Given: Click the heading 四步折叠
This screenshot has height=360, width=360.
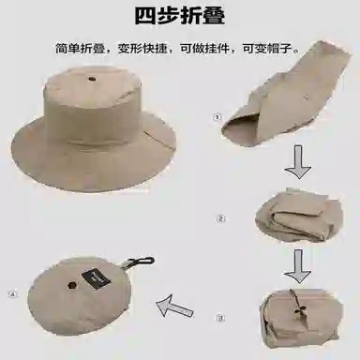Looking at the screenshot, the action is pyautogui.click(x=180, y=15).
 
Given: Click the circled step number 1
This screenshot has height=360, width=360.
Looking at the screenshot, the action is pyautogui.click(x=217, y=117).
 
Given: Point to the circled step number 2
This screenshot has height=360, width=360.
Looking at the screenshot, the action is pyautogui.click(x=220, y=218).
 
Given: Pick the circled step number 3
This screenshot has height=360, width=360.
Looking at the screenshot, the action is pyautogui.click(x=220, y=318).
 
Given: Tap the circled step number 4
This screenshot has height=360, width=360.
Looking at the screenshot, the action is pyautogui.click(x=13, y=294).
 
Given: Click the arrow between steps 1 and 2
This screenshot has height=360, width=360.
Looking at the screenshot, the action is pyautogui.click(x=298, y=162).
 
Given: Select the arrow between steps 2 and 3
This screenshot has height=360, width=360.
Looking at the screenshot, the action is pyautogui.click(x=298, y=266).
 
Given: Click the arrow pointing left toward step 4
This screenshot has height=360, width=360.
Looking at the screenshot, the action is pyautogui.click(x=174, y=306).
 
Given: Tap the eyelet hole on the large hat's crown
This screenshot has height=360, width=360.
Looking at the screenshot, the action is pyautogui.click(x=92, y=79).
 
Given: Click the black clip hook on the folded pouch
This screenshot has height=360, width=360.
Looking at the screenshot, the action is pyautogui.click(x=142, y=262).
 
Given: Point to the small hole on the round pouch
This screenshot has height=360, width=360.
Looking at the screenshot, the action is pyautogui.click(x=72, y=285).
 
